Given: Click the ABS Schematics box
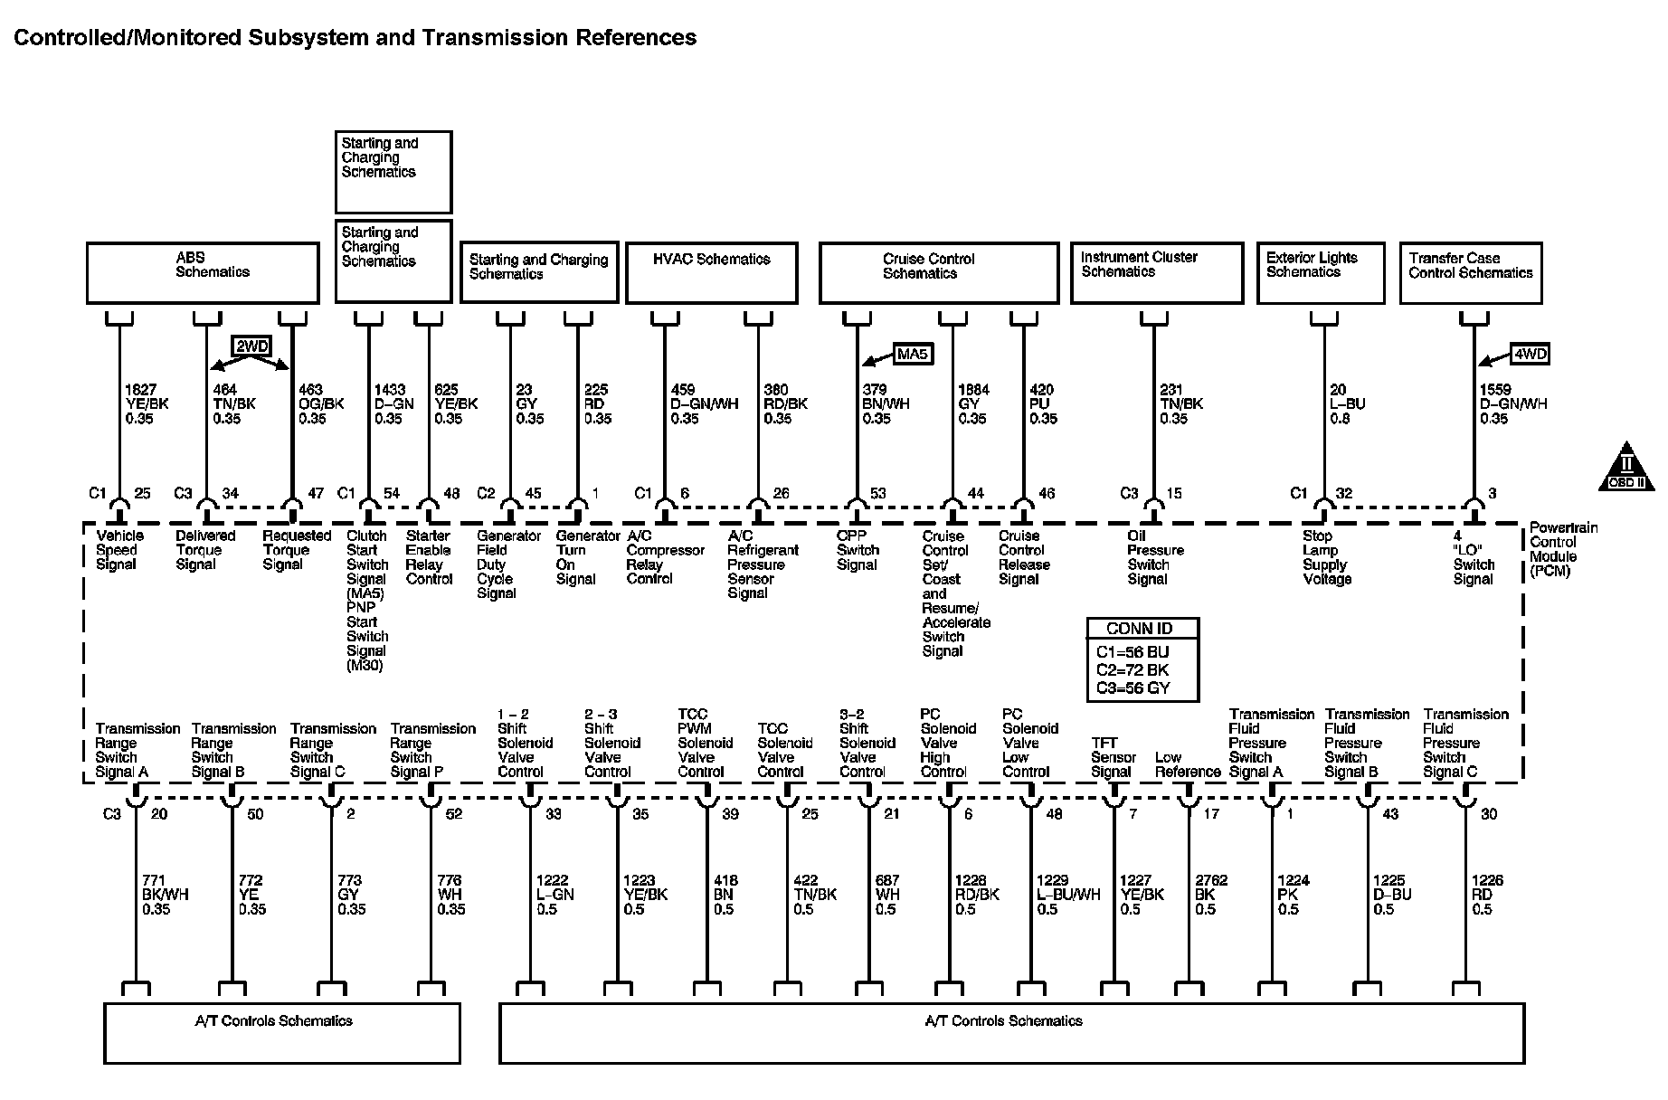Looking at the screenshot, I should (x=203, y=272).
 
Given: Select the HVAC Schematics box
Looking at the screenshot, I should (x=711, y=272).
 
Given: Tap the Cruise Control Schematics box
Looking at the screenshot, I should (x=938, y=272).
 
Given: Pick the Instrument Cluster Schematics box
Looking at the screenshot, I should (x=1156, y=272).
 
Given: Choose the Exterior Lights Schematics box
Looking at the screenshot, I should (x=1320, y=272).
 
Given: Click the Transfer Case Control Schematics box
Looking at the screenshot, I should (x=1470, y=272).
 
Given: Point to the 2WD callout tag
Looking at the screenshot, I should (x=251, y=346).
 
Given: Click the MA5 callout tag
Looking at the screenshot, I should (x=912, y=354).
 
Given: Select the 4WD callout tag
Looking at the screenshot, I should (x=1530, y=355).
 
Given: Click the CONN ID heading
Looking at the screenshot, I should (x=1142, y=629).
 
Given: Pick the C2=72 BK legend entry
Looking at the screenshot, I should (x=1133, y=670).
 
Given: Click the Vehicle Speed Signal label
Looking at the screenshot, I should (x=118, y=550).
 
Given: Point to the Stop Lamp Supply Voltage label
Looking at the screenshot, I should (x=1326, y=557).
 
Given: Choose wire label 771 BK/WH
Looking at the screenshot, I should (x=165, y=895).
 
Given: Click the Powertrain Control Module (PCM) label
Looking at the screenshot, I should (x=1562, y=549).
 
